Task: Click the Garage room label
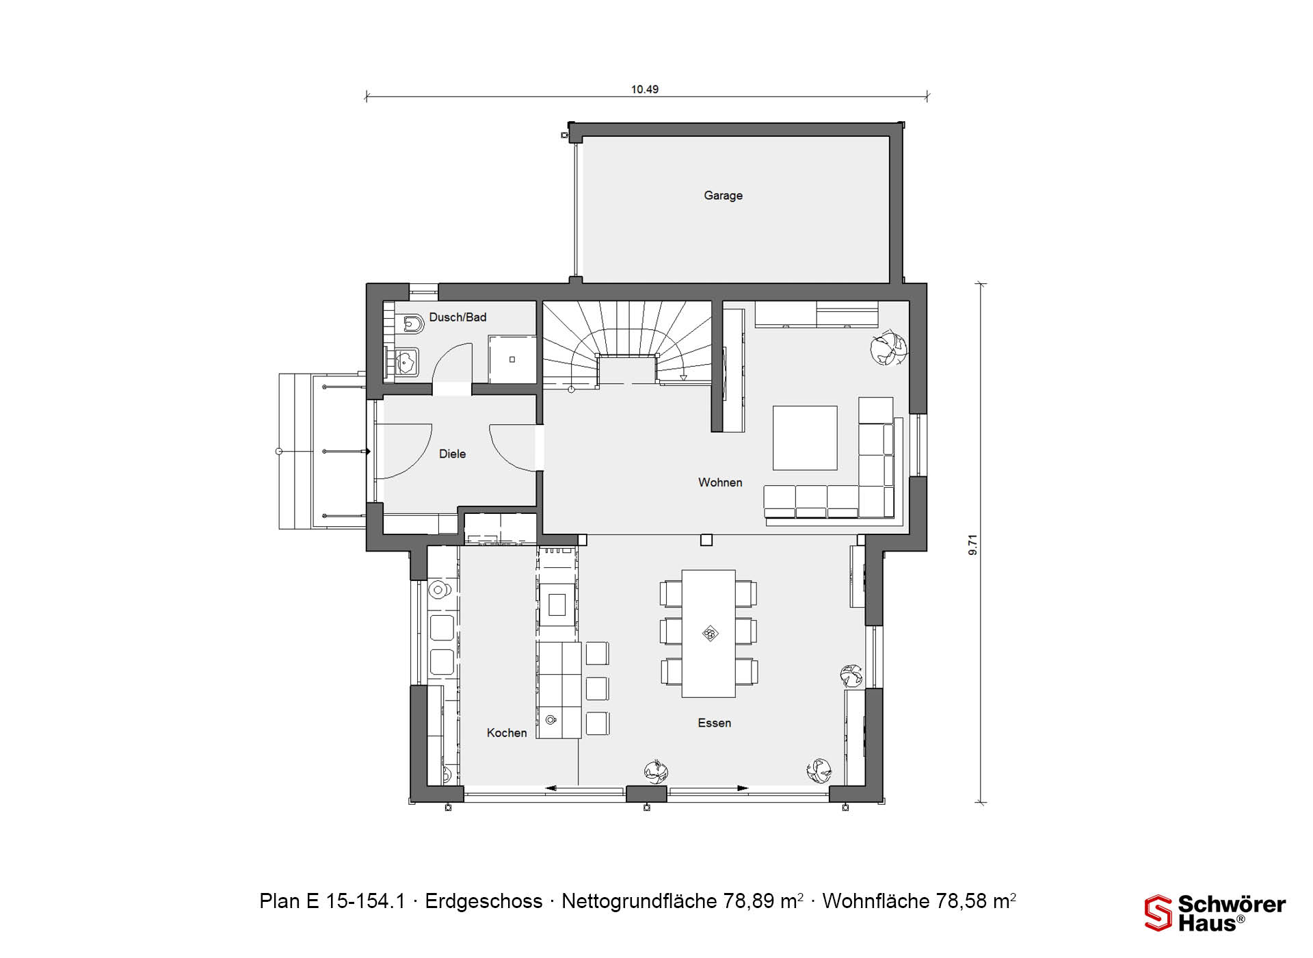tap(723, 196)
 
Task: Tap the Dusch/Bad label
tap(457, 318)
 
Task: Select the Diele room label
tap(452, 454)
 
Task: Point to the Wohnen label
tap(720, 482)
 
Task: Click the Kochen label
tap(507, 733)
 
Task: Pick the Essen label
tap(715, 723)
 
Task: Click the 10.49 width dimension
tap(645, 90)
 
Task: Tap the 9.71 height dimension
tap(973, 545)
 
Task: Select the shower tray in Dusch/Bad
tap(512, 359)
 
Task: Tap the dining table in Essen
tap(708, 634)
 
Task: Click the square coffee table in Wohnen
tap(805, 438)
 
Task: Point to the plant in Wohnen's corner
tap(888, 348)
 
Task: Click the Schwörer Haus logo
tap(1215, 914)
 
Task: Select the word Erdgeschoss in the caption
tap(484, 902)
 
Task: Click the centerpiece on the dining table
tap(710, 634)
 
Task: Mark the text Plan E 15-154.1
tap(332, 902)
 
